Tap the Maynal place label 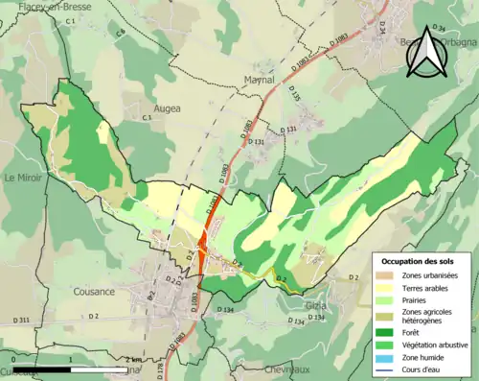260,80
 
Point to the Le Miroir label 24,178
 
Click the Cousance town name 94,291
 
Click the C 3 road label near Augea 148,117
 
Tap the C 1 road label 70,20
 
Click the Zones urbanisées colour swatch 386,275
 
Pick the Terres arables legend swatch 386,288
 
